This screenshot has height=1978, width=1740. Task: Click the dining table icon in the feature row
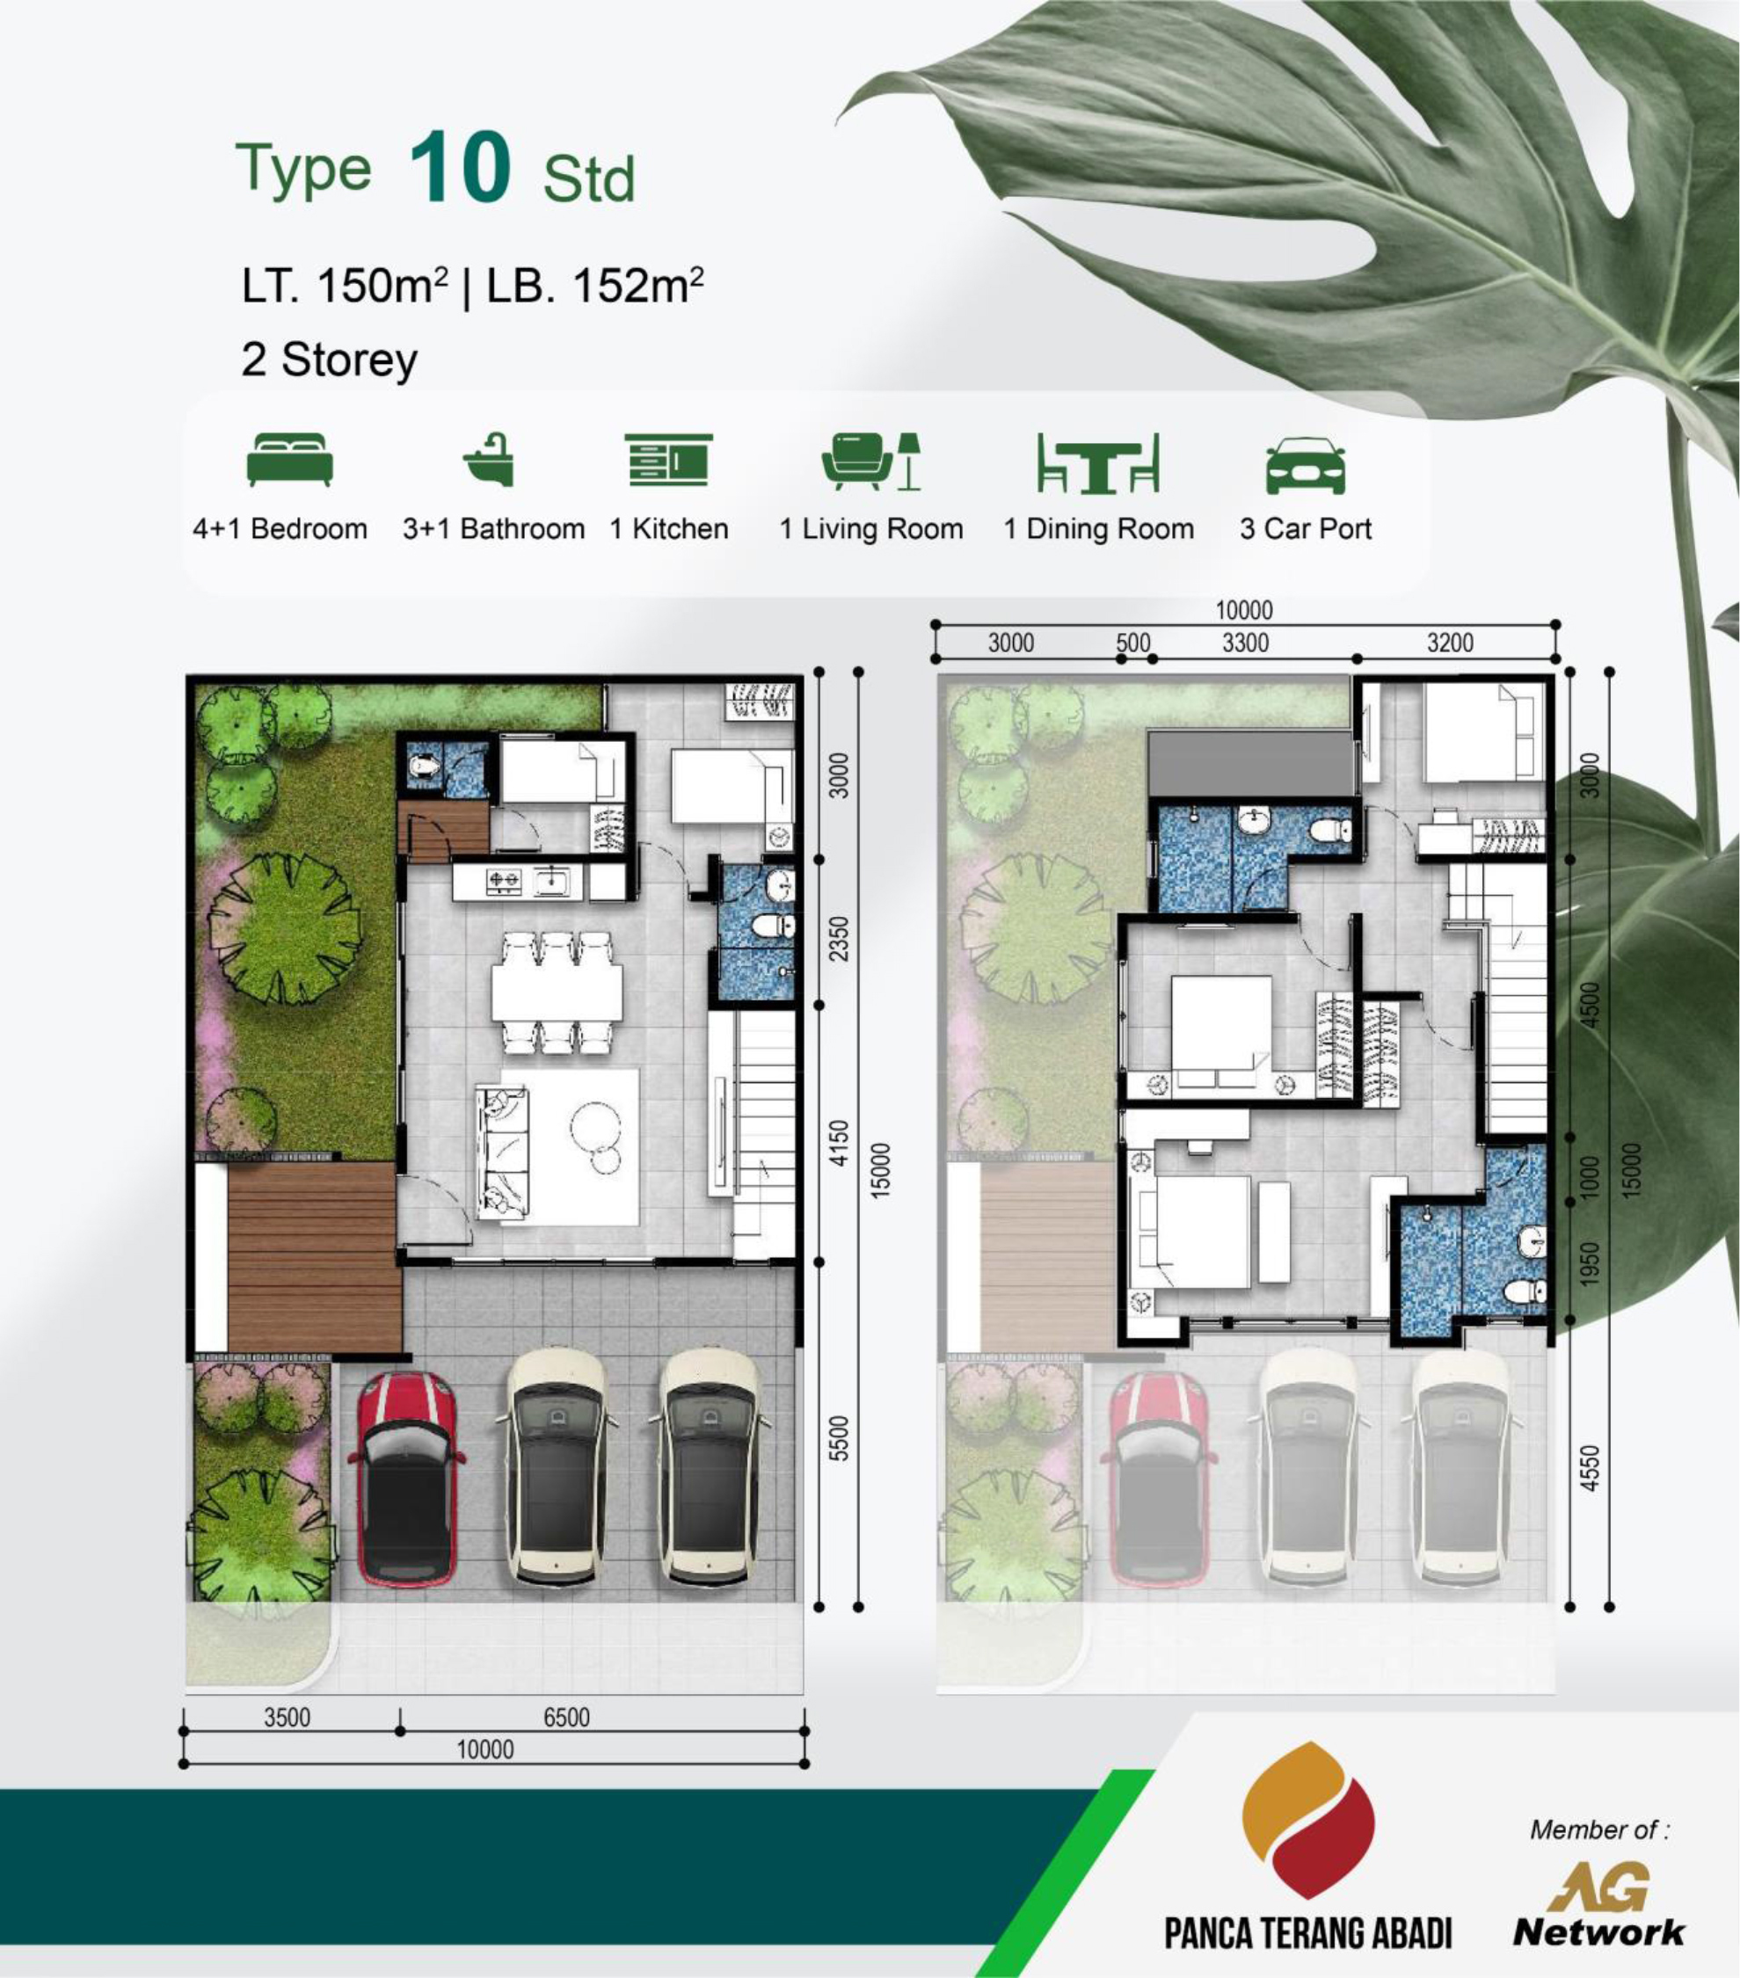pyautogui.click(x=1097, y=462)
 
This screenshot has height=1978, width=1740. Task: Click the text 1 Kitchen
pyautogui.click(x=669, y=529)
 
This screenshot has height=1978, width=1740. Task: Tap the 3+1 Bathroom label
pyautogui.click(x=493, y=529)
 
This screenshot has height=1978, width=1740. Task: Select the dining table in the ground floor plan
pyautogui.click(x=557, y=993)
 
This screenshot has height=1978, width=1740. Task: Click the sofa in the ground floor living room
pyautogui.click(x=503, y=1152)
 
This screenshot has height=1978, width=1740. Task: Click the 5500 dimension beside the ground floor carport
pyautogui.click(x=839, y=1438)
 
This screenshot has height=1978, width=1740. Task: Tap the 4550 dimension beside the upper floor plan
pyautogui.click(x=1589, y=1468)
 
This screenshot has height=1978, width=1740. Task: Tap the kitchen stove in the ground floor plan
pyautogui.click(x=503, y=882)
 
